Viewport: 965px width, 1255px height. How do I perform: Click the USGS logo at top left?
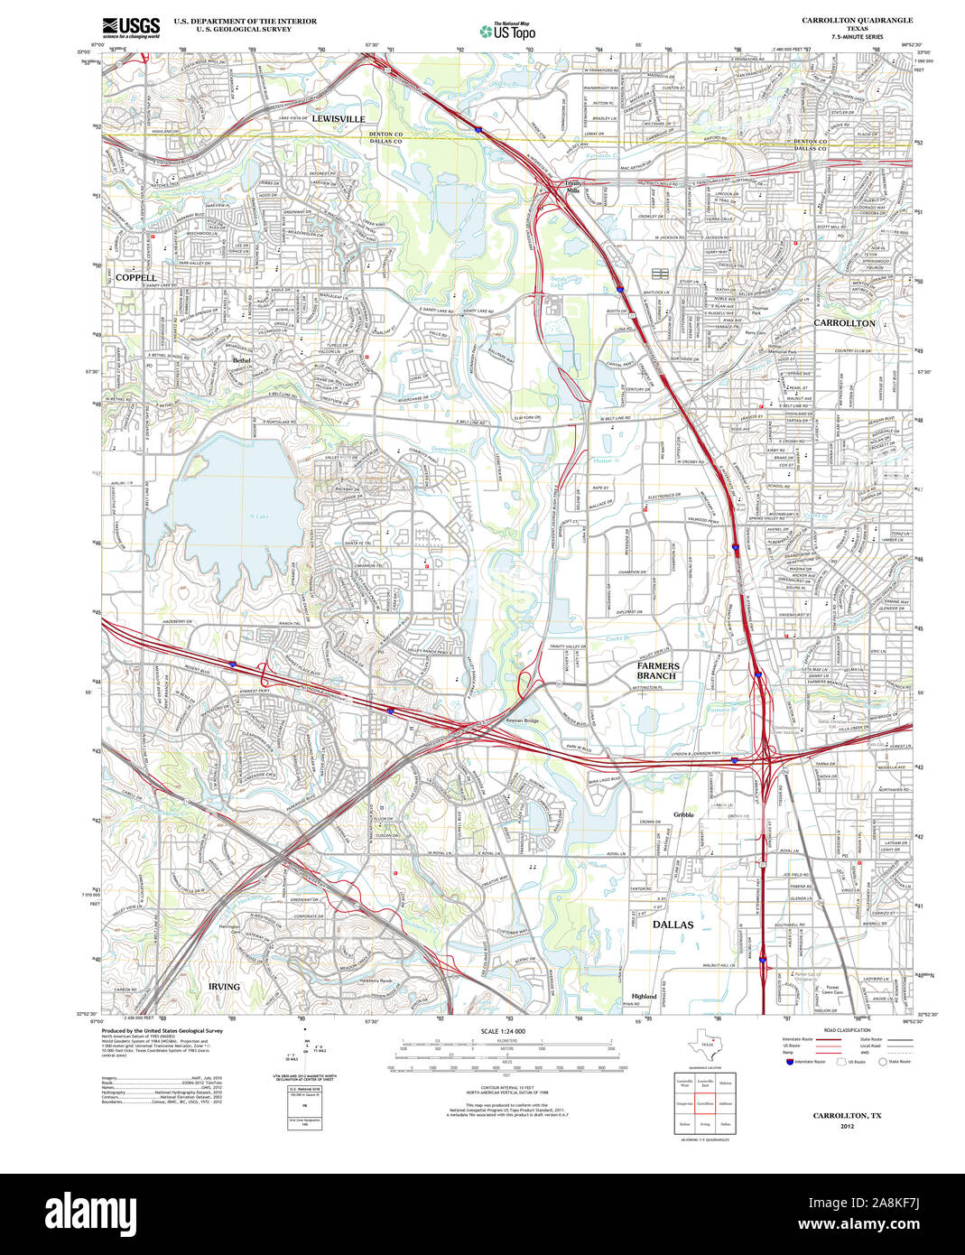[x=131, y=27]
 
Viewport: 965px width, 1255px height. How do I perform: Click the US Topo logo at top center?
[x=506, y=30]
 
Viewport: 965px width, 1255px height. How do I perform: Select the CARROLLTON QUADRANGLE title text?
[x=857, y=20]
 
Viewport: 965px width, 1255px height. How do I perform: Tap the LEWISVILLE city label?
[x=339, y=119]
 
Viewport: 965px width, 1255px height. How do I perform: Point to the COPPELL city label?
[x=135, y=277]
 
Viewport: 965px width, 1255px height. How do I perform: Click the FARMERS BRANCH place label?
[x=657, y=671]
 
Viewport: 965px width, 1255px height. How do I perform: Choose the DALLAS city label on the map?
[x=673, y=925]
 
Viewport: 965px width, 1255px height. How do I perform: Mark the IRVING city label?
[x=224, y=987]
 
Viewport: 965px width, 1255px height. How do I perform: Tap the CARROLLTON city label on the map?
[x=844, y=322]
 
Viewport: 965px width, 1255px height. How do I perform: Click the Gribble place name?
[x=684, y=814]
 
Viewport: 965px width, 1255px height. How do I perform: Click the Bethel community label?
[x=241, y=360]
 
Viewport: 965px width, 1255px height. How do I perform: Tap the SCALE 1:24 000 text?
[x=503, y=1031]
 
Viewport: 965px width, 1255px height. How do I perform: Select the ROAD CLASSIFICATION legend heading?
[x=847, y=1030]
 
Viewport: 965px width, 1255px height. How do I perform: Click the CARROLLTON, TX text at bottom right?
[x=847, y=1116]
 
